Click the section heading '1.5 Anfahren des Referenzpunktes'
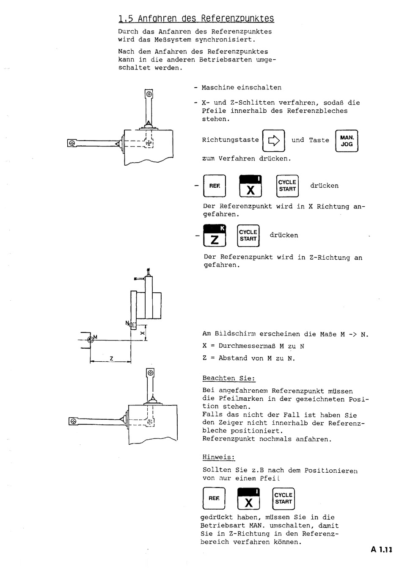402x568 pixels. coord(196,19)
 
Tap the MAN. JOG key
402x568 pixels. coord(347,141)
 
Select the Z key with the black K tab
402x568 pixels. coord(215,236)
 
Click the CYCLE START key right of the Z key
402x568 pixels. coord(248,236)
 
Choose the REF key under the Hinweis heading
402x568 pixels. coord(214,499)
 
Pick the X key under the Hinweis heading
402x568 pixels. coord(248,499)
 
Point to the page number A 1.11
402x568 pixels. coord(382,550)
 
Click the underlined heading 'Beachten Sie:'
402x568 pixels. coord(229,378)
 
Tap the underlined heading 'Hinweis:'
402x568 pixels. coord(218,457)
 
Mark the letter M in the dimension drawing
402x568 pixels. coord(95,337)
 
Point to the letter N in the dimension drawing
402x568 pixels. coord(127,323)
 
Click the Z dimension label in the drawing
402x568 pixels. coord(111,358)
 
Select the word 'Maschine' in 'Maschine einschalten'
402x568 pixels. coord(218,88)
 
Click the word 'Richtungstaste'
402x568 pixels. coord(230,140)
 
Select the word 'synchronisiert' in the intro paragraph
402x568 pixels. coord(225,39)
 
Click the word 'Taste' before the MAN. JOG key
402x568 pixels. coord(319,140)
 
